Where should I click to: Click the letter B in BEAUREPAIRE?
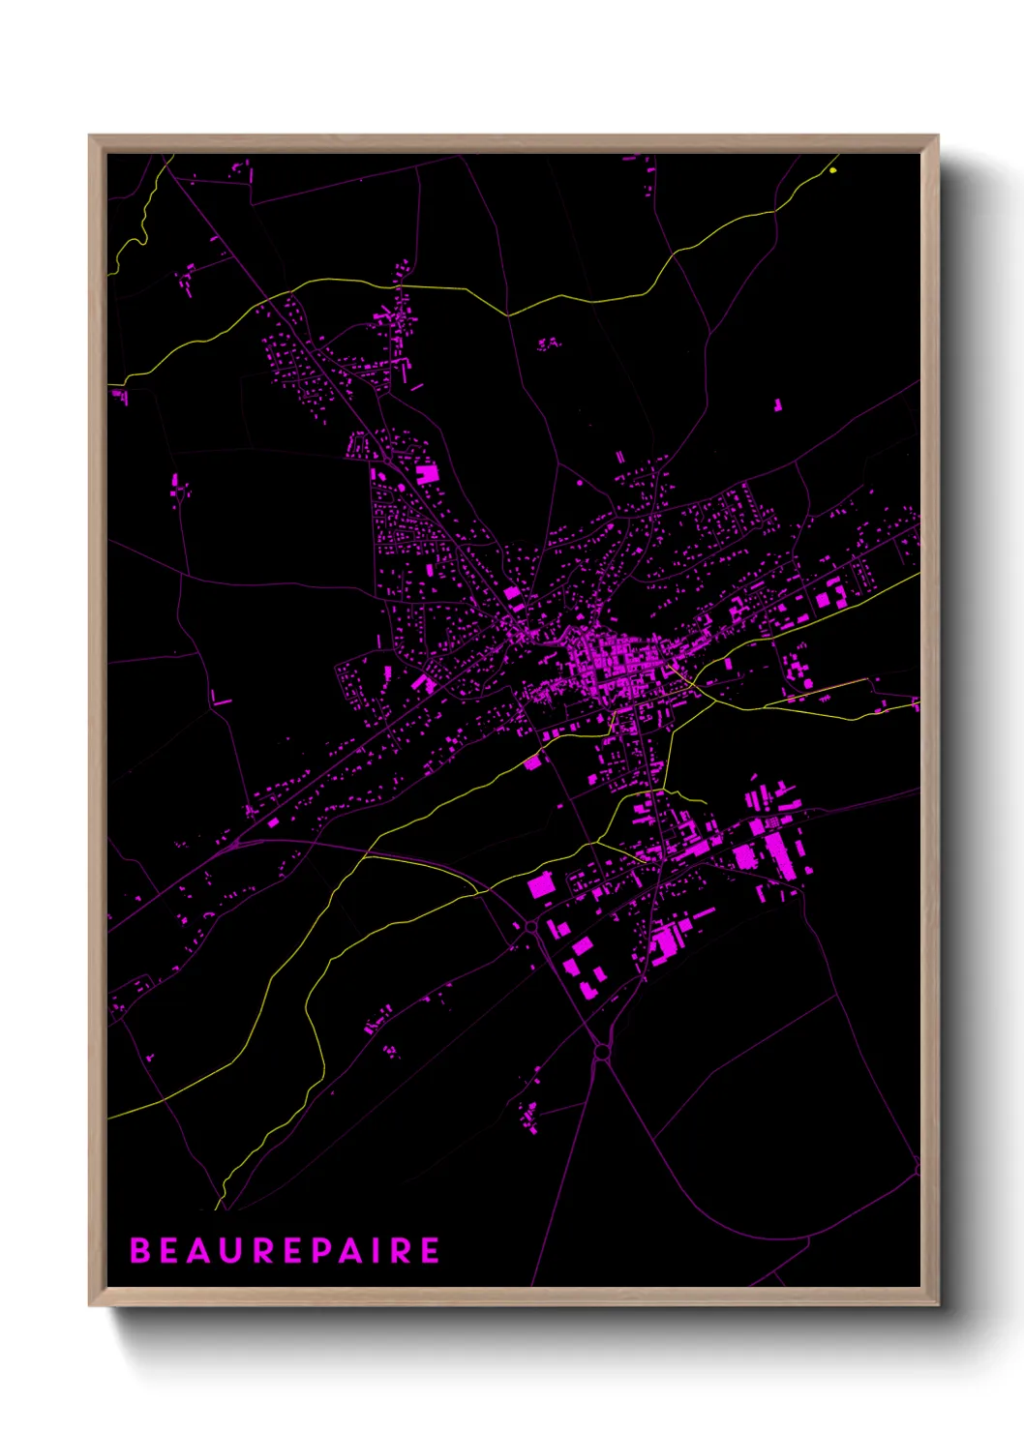140,1250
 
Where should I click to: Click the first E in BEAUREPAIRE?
170,1250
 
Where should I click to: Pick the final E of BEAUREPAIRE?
430,1250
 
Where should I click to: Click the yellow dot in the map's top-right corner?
833,171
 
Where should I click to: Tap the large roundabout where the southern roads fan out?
602,1052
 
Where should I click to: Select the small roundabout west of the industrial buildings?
530,927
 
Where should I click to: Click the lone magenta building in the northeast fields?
776,403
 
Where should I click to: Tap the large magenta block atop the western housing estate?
427,473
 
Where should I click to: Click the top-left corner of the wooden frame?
90,135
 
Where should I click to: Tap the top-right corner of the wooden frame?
938,135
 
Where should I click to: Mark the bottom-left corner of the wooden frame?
90,1305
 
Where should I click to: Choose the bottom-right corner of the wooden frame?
938,1305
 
